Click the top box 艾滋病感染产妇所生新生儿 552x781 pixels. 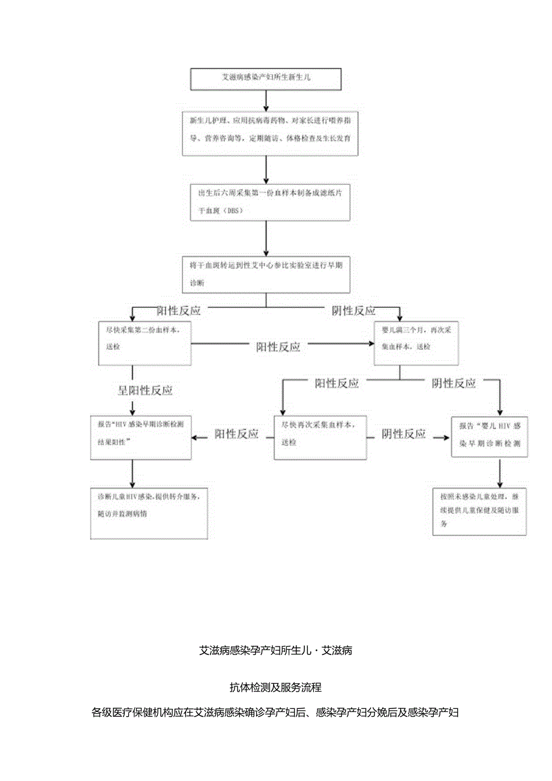(266, 78)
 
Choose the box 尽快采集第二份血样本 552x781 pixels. (145, 343)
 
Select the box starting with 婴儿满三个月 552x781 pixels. (416, 343)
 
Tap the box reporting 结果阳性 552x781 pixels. (141, 437)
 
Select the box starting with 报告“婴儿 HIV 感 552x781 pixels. (490, 436)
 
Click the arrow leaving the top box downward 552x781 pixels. (266, 100)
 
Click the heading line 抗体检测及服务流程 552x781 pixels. (275, 686)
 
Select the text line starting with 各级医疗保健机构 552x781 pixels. (275, 713)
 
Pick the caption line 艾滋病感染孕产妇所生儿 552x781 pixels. (275, 650)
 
